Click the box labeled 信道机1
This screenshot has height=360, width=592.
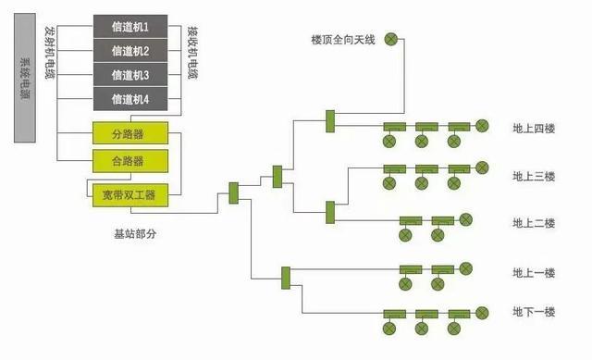pos(129,26)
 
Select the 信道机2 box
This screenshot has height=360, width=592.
pos(129,50)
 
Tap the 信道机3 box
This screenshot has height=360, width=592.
pos(129,74)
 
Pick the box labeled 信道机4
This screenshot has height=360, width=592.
pos(129,98)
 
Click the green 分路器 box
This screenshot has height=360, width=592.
pos(129,134)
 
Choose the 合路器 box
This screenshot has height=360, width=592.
pos(129,161)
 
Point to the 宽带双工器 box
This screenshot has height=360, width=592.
pos(129,194)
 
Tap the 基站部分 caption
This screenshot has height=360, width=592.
pos(129,234)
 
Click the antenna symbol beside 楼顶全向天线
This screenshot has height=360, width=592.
pos(391,39)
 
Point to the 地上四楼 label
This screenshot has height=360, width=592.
pos(534,128)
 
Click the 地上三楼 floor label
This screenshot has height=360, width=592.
pos(534,177)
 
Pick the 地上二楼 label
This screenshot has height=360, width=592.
pos(534,223)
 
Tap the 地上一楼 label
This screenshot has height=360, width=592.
pos(534,273)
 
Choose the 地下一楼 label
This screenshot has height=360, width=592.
pos(534,313)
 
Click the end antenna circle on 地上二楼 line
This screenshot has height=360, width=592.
pos(466,220)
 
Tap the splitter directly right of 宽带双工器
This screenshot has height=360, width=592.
pos(234,192)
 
